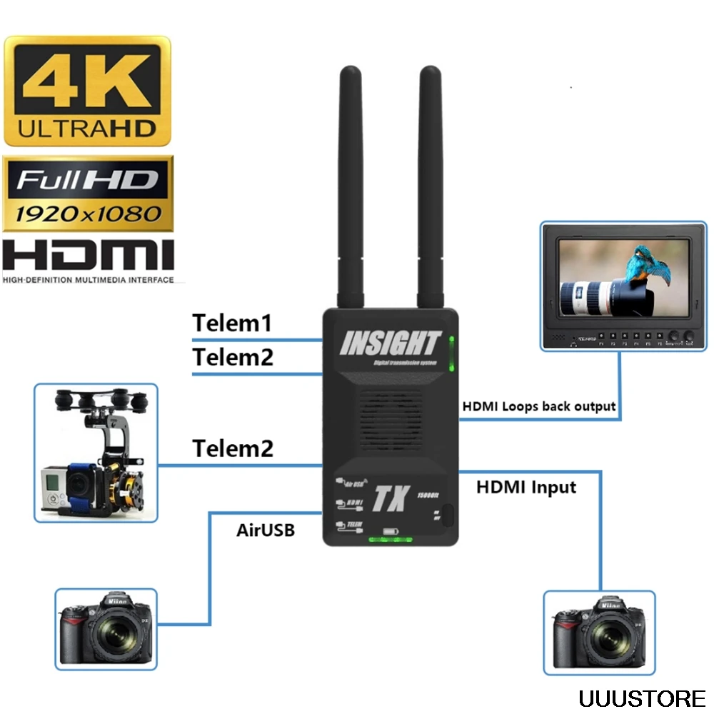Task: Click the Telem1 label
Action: (232, 323)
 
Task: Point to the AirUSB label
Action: (265, 531)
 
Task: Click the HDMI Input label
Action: (526, 488)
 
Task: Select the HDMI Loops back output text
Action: (538, 406)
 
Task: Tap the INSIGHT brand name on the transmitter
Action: (390, 343)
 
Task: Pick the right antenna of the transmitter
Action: (430, 186)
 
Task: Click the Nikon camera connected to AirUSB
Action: (106, 628)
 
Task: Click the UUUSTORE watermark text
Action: (642, 697)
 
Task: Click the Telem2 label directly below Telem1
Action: (232, 357)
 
